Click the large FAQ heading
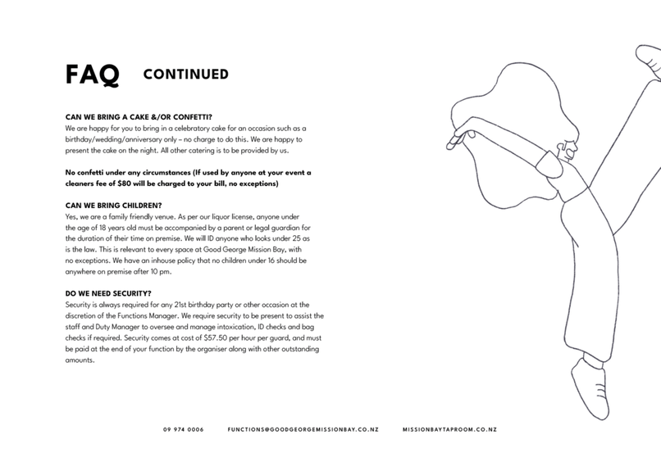tap(92, 75)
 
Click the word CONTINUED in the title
tap(185, 75)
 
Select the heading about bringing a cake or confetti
tap(144, 117)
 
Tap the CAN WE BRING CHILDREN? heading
tap(113, 204)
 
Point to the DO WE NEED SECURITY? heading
tap(107, 292)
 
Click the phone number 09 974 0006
tap(183, 429)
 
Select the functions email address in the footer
tap(303, 429)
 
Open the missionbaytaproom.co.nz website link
tap(449, 429)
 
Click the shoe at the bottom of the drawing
tap(589, 385)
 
